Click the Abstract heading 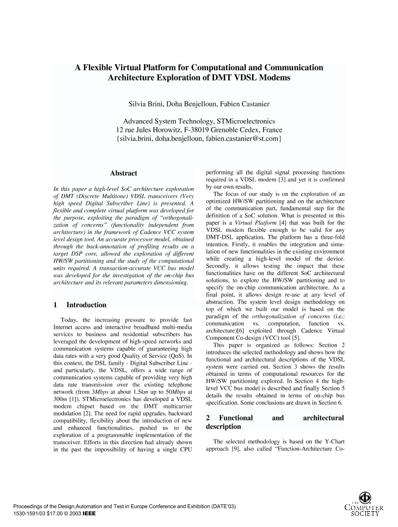pos(123,173)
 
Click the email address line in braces pos(199,139)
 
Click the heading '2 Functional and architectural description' pos(274,422)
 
